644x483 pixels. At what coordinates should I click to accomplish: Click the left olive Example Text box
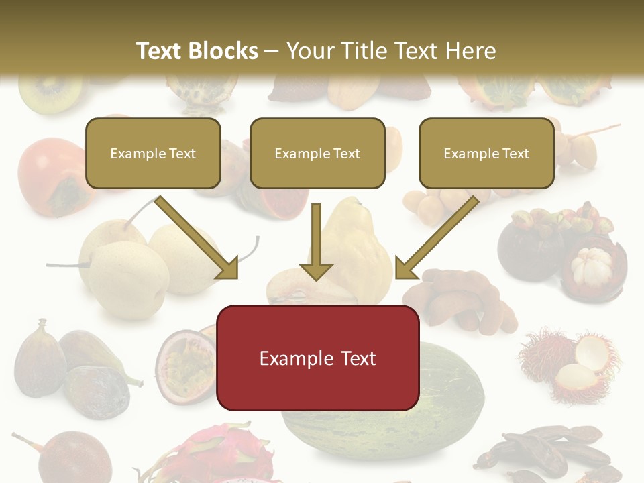coord(154,154)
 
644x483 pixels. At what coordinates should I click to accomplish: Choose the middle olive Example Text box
coord(317,154)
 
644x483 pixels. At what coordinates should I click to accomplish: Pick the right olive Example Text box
coord(486,154)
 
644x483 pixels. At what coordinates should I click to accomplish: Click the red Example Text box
coord(318,358)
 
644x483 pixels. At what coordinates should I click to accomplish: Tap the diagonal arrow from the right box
coord(437,238)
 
